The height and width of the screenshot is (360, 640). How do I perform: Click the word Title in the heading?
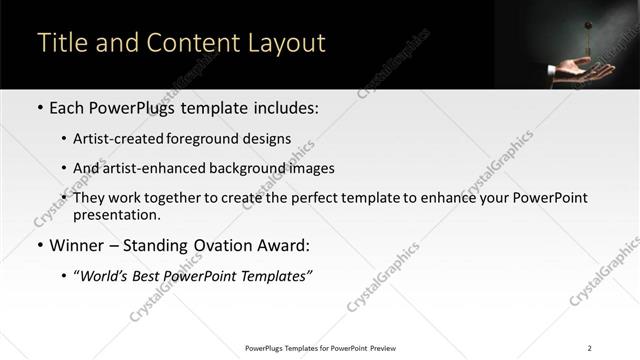[x=61, y=43]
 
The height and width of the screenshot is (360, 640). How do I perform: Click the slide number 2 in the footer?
[x=590, y=348]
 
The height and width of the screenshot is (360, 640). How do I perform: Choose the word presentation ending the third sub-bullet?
[x=116, y=214]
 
